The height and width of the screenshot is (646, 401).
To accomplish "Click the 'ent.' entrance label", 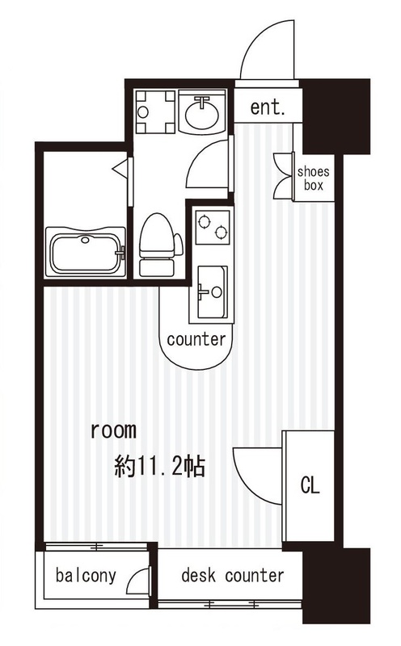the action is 268,107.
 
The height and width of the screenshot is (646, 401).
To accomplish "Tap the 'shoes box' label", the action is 314,178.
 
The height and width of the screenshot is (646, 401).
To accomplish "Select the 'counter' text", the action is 196,339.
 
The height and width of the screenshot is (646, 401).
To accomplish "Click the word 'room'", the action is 113,430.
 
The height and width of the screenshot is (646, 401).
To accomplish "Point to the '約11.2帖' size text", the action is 159,466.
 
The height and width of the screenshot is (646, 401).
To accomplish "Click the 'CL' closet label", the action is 310,485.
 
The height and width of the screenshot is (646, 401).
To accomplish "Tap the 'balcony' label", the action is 86,576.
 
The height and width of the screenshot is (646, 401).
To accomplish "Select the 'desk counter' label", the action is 233,575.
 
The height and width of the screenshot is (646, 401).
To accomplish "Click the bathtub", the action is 86,252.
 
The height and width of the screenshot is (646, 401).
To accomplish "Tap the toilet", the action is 158,245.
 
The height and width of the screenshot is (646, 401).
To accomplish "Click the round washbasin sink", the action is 202,111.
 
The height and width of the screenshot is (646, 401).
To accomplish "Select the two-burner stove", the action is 213,228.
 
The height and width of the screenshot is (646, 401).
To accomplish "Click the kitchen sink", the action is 212,292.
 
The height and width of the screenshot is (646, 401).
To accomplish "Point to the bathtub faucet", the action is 120,252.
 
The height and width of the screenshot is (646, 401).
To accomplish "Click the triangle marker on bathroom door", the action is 120,169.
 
